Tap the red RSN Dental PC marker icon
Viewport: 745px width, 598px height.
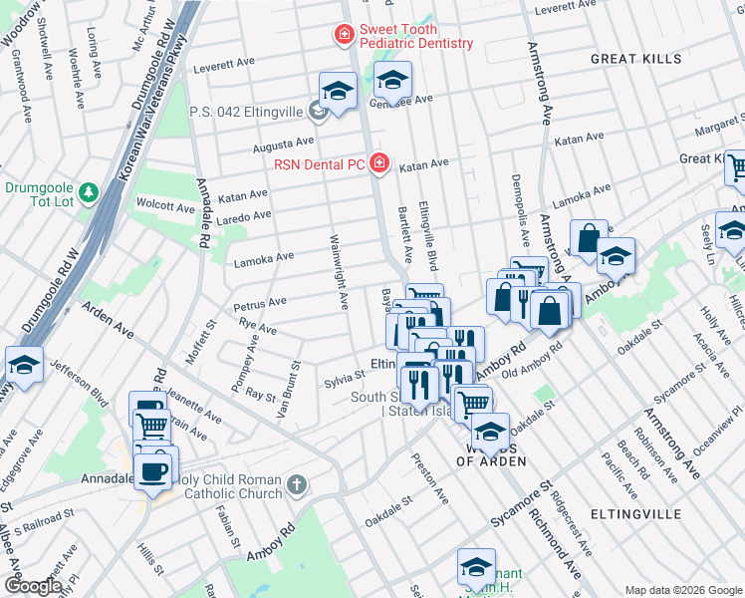click(x=378, y=162)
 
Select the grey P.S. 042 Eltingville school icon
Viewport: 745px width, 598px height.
click(x=319, y=111)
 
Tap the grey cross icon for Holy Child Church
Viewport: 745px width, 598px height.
click(x=295, y=486)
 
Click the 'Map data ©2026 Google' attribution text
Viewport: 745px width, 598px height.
click(x=682, y=590)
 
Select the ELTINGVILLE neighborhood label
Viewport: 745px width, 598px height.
click(x=635, y=513)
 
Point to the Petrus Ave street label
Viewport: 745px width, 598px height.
click(x=260, y=301)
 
